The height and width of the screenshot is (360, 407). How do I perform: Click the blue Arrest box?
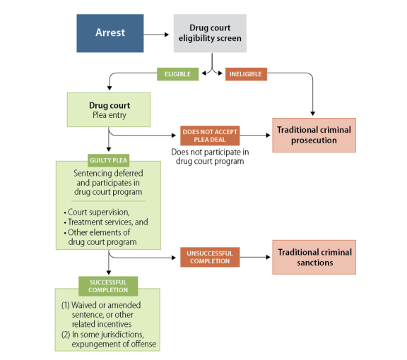(110, 33)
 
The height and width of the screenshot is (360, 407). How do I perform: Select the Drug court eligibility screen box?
(210, 33)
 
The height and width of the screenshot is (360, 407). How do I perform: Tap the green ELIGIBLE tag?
(178, 74)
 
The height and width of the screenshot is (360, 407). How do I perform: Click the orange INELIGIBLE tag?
(246, 74)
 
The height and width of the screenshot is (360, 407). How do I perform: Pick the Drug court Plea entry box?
(109, 109)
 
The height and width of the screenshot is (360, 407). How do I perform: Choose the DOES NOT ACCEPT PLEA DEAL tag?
(210, 136)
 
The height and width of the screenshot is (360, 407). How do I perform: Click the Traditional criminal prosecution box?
(314, 135)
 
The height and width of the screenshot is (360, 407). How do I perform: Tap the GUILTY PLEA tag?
(109, 160)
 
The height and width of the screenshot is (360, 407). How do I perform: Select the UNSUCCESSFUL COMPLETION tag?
(210, 257)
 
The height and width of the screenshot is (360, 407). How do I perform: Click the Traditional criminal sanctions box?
(314, 257)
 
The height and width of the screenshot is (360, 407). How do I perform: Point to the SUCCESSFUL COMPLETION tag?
(108, 286)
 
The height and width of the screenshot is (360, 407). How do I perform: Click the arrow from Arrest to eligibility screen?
(156, 35)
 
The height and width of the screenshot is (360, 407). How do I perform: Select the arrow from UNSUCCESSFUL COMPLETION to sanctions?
(255, 257)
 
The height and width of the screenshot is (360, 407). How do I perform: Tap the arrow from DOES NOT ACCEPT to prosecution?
(255, 135)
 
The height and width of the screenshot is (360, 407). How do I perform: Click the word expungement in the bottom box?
(97, 344)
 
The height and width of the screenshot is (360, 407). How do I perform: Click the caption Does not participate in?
(210, 152)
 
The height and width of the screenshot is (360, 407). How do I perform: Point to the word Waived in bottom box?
(83, 305)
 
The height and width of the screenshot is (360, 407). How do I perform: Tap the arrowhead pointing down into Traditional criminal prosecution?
(313, 114)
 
